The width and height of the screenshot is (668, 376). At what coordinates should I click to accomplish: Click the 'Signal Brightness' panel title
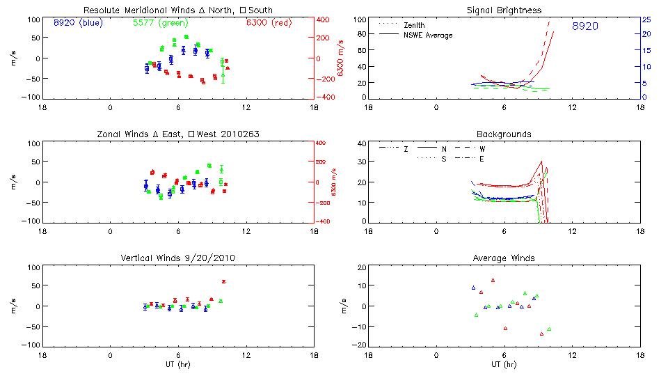click(504, 10)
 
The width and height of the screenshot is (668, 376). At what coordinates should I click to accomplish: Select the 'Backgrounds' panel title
click(504, 134)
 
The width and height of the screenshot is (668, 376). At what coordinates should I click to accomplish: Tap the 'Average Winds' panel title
click(504, 258)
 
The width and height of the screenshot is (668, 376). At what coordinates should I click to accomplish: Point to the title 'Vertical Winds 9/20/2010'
click(178, 258)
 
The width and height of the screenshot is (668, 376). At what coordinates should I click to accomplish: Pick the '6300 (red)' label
click(268, 22)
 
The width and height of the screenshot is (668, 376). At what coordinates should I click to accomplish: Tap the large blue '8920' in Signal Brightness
click(585, 26)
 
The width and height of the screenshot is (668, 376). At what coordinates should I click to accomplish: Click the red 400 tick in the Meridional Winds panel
click(324, 19)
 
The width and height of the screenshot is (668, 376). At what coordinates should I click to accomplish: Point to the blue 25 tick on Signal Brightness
click(646, 19)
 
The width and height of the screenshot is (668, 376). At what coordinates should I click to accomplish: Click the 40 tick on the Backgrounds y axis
click(360, 143)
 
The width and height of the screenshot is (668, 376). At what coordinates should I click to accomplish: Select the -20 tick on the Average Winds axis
click(358, 345)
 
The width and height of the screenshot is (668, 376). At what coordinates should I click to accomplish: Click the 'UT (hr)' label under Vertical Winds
click(177, 364)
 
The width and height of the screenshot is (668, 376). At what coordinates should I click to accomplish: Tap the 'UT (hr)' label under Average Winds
click(504, 364)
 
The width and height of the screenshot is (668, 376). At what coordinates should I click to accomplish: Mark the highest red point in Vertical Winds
click(223, 281)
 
